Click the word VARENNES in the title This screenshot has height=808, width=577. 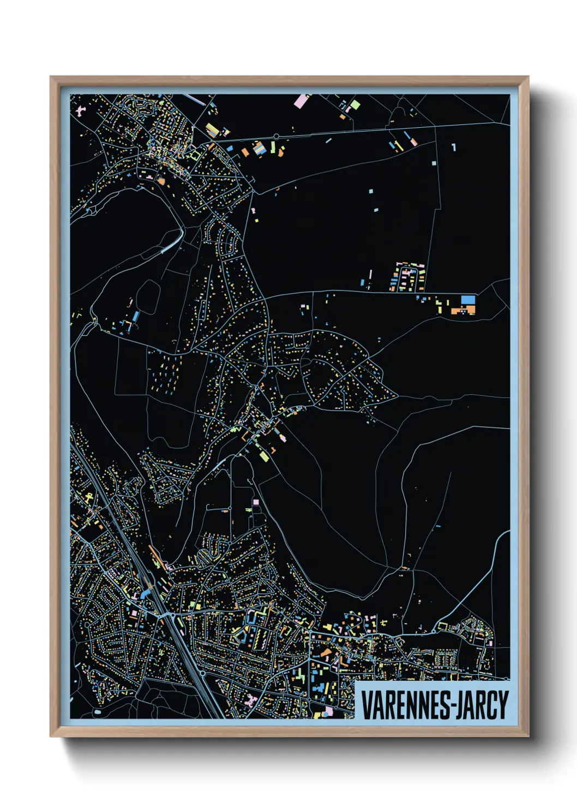[x=404, y=705]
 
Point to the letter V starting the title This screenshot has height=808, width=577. [x=366, y=705]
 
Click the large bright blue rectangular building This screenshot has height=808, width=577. [x=468, y=299]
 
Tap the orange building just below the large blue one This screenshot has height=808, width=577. [x=463, y=311]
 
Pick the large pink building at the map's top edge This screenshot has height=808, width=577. [x=301, y=101]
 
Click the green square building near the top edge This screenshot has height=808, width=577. [x=354, y=104]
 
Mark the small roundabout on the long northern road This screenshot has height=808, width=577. [x=277, y=136]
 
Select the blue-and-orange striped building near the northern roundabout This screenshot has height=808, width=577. [x=261, y=147]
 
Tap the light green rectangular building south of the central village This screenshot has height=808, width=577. [x=263, y=455]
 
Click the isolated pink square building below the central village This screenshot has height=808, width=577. [x=255, y=501]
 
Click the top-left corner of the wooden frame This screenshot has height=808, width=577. [x=51, y=78]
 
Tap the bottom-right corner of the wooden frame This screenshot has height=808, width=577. [x=528, y=736]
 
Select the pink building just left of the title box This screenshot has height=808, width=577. [x=328, y=711]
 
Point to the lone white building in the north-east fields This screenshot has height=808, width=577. [x=434, y=163]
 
